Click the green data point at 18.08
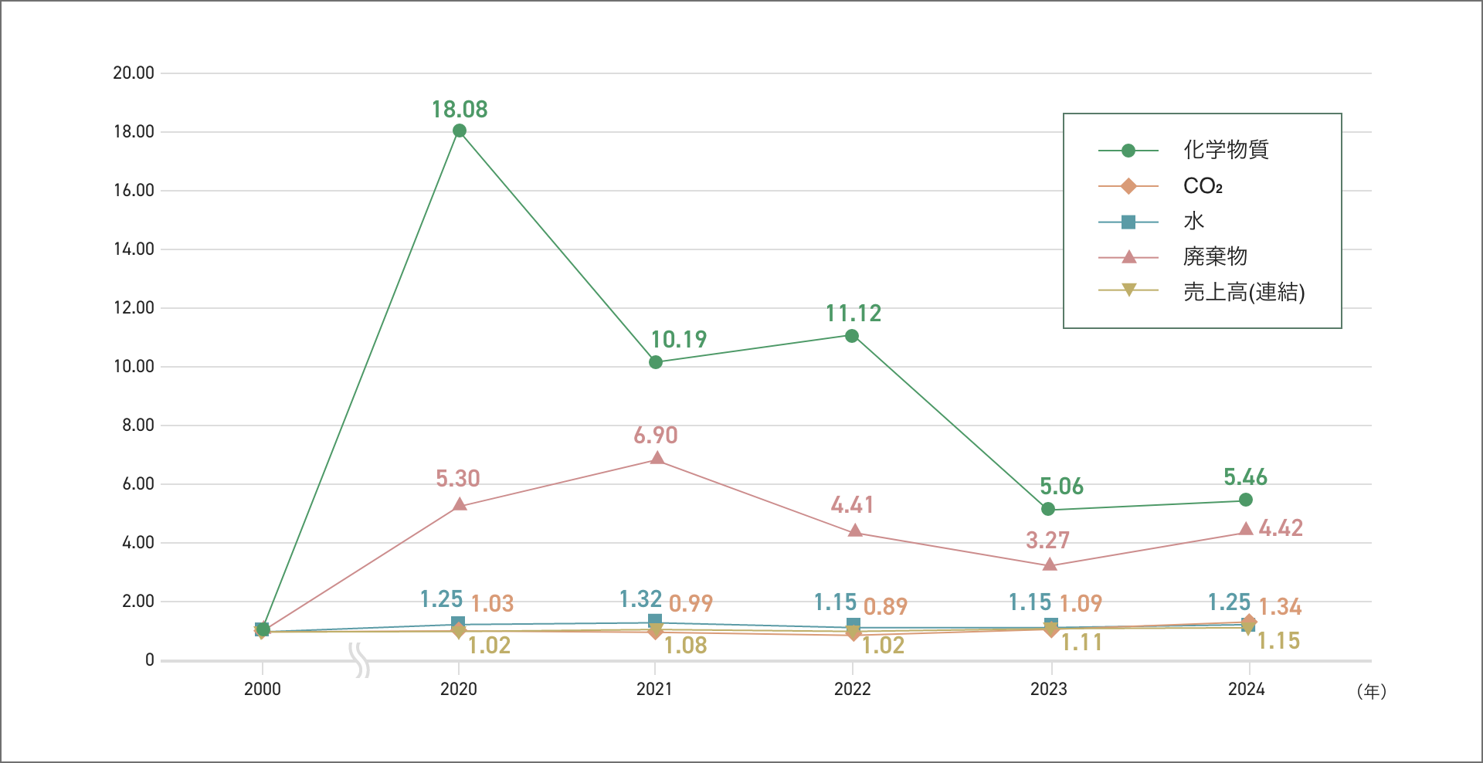(460, 131)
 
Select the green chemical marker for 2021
(656, 362)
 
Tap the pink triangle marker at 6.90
(657, 458)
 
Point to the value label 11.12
(853, 314)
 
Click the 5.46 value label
(1245, 477)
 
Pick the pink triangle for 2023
(1049, 565)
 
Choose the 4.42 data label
(1281, 528)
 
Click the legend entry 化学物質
(1226, 150)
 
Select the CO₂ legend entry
(1203, 186)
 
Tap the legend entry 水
(1193, 222)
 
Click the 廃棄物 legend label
(1215, 256)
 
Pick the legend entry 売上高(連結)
(1244, 292)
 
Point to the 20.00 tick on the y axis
(134, 73)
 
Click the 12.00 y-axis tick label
(134, 308)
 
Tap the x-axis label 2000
(263, 689)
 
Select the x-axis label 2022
(852, 689)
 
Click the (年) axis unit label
(1371, 692)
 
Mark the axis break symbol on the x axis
(360, 660)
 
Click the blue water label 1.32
(640, 599)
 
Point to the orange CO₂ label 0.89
(885, 607)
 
